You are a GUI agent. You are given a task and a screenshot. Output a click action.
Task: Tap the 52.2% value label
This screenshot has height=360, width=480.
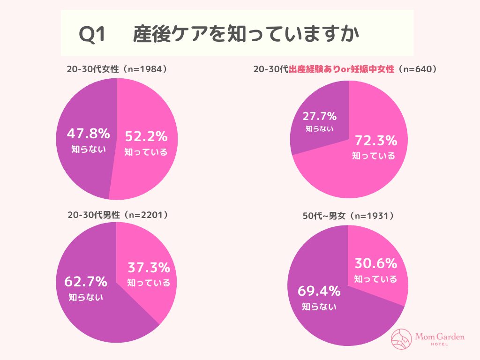pos(146,136)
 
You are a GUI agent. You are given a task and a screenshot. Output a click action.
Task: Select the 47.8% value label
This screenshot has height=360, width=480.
pos(88,134)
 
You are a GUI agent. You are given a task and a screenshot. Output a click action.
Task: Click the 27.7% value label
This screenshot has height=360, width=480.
pos(319,116)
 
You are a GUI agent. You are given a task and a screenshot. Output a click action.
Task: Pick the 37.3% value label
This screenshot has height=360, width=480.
pos(149,268)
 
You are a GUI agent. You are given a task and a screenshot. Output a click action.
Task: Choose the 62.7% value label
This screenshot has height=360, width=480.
pos(86,282)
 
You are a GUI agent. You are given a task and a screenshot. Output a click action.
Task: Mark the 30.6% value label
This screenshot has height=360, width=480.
pos(375,263)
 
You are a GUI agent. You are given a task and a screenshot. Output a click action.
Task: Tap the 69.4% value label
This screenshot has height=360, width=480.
pos(319,291)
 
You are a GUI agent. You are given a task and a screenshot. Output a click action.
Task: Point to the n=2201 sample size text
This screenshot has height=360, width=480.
pos(147,215)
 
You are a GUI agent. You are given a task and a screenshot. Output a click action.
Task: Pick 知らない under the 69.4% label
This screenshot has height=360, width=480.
pos(319,307)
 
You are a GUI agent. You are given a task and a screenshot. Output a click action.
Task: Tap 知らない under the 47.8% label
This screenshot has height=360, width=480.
pos(88,149)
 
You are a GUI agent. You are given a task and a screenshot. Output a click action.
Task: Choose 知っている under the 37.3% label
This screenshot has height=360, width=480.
pos(149,283)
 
